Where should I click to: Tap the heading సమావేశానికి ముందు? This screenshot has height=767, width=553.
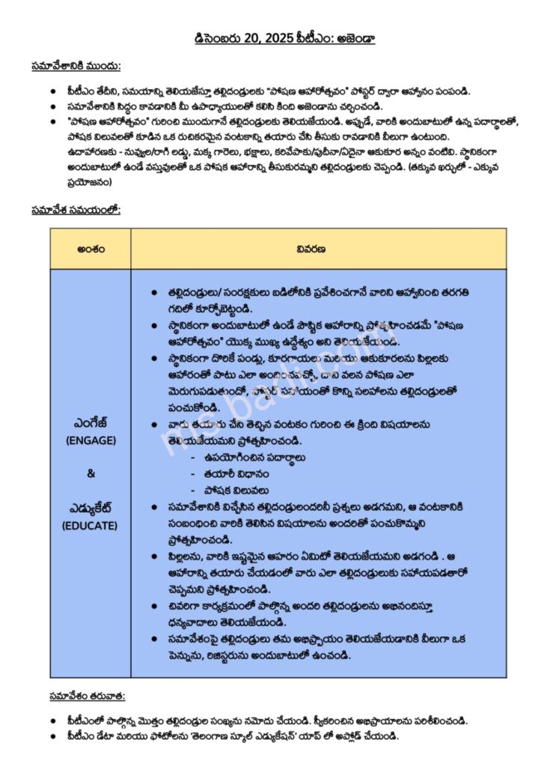click(x=76, y=65)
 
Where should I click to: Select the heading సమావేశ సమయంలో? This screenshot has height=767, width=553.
click(x=76, y=210)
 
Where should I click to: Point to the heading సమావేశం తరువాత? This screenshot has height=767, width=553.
click(x=76, y=696)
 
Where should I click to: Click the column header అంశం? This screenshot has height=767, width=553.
click(x=90, y=249)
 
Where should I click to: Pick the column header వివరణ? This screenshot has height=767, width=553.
click(x=317, y=249)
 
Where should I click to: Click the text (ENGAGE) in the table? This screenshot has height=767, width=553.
click(x=91, y=440)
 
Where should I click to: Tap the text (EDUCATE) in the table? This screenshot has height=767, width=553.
click(x=91, y=526)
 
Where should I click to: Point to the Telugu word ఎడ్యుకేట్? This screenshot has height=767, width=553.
click(x=91, y=508)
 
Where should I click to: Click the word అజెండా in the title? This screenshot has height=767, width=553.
click(x=355, y=37)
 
